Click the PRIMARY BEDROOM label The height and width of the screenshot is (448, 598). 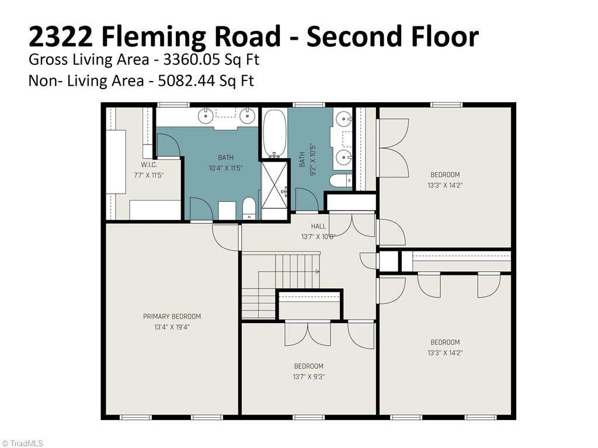(x=172, y=317)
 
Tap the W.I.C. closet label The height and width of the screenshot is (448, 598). (x=149, y=165)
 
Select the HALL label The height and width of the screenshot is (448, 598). (x=318, y=226)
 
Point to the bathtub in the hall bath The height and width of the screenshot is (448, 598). (x=274, y=134)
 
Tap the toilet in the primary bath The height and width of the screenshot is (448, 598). (x=249, y=208)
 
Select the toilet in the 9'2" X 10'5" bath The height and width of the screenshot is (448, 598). (x=341, y=180)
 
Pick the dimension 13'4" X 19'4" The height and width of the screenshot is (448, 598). (x=172, y=327)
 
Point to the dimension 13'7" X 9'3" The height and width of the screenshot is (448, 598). (x=309, y=377)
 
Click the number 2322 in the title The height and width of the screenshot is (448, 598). (x=61, y=36)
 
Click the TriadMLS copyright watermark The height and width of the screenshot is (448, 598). (x=22, y=443)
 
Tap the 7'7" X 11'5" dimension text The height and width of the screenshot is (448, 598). (x=149, y=176)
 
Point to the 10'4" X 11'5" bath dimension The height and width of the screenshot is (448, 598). (x=226, y=168)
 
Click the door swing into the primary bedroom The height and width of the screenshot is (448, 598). (x=226, y=237)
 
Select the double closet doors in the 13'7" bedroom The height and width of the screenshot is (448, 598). (x=308, y=333)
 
